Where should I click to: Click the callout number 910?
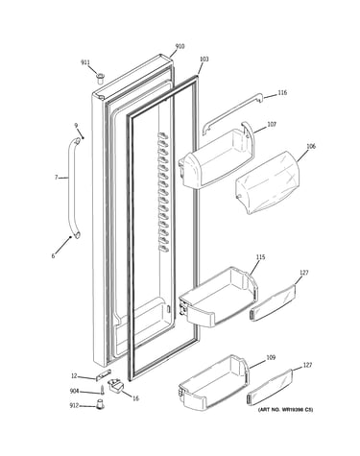pos(180,47)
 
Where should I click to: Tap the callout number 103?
pos(204,60)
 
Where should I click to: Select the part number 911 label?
pos(85,62)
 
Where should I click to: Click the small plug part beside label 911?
pos(100,78)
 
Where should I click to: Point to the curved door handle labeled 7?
pos(70,189)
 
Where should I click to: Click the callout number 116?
pos(282,93)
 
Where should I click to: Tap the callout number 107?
pos(272,125)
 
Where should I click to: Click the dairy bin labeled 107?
pos(217,157)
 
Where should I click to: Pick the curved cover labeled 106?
pos(268,182)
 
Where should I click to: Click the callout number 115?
pos(260,257)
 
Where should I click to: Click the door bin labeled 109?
pos(213,382)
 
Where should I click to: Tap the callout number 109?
pos(271,358)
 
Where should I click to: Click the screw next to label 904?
pos(103,391)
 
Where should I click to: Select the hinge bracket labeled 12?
pos(104,374)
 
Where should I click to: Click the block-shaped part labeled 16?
pos(115,385)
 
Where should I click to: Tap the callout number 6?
pos(53,256)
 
